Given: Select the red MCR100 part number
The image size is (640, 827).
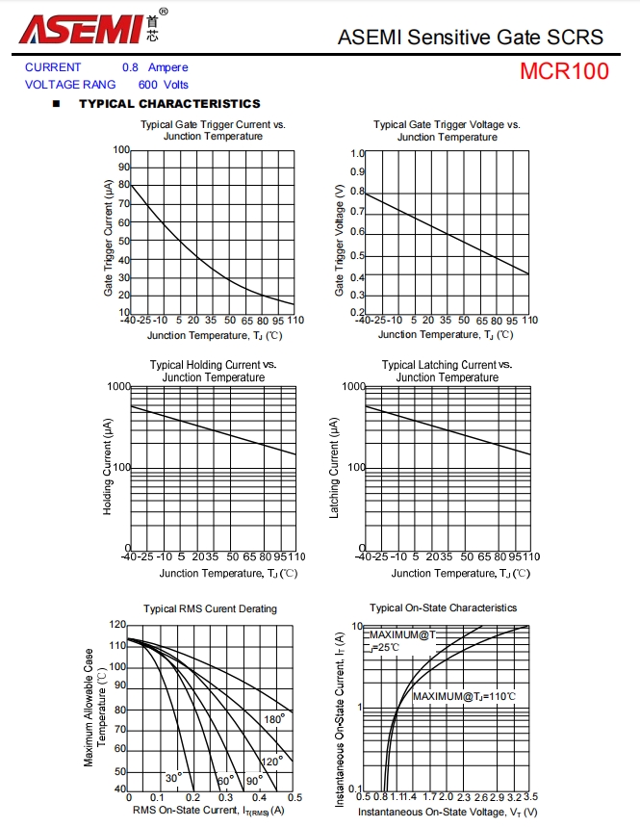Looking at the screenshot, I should coord(564,72).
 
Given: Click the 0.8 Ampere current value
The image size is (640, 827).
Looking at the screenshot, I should coord(155,67).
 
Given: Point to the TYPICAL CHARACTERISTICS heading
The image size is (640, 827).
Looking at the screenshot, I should coord(169,103).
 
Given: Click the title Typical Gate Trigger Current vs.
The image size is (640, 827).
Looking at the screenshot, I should coord(213,124).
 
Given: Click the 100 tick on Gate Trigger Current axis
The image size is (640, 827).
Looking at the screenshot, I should coord(121,150).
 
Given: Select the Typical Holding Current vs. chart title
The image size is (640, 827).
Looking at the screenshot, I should coord(213,365).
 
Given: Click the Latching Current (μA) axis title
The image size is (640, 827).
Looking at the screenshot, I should coord(335,467).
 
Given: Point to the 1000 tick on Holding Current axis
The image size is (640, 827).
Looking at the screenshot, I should coord(119,386).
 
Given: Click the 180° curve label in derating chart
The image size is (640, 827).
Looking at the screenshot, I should coord(274,718).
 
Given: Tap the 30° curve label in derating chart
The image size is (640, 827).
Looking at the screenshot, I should coord(173,777).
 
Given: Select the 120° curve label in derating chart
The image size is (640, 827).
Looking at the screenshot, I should coord(270,761).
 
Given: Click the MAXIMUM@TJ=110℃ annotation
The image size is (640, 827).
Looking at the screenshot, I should coord(464,696).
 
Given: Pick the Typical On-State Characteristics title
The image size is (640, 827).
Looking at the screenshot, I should coord(444,607).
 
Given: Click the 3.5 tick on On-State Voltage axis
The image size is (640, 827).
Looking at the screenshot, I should coord(530,797).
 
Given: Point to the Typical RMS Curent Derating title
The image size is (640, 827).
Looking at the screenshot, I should coord(210,608).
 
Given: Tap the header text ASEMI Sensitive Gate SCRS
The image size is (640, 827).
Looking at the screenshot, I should coord(471,37).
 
